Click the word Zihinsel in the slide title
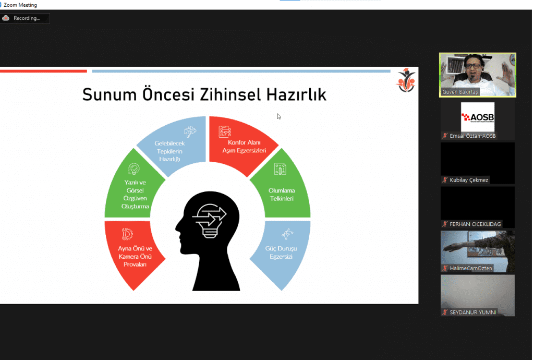pos(230,94)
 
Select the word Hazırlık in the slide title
pos(296,94)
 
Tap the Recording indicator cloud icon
pos(6,18)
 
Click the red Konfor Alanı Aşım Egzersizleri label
pos(244,147)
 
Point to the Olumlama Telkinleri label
pos(282,195)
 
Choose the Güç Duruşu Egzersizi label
pos(281,253)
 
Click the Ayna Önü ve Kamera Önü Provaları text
pos(135,257)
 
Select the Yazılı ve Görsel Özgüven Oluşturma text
pos(135,194)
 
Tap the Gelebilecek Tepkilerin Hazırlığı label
pos(169,151)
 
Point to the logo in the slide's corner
pos(406,80)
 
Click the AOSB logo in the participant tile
pos(478,117)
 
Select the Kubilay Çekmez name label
pos(469,180)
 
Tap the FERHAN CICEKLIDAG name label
pos(475,224)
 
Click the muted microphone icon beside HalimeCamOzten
pos(445,268)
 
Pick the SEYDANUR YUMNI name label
pos(472,313)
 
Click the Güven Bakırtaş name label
pos(460,92)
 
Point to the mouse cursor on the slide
pos(279,116)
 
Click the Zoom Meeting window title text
pos(20,5)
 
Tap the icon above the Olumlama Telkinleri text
pos(280,169)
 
